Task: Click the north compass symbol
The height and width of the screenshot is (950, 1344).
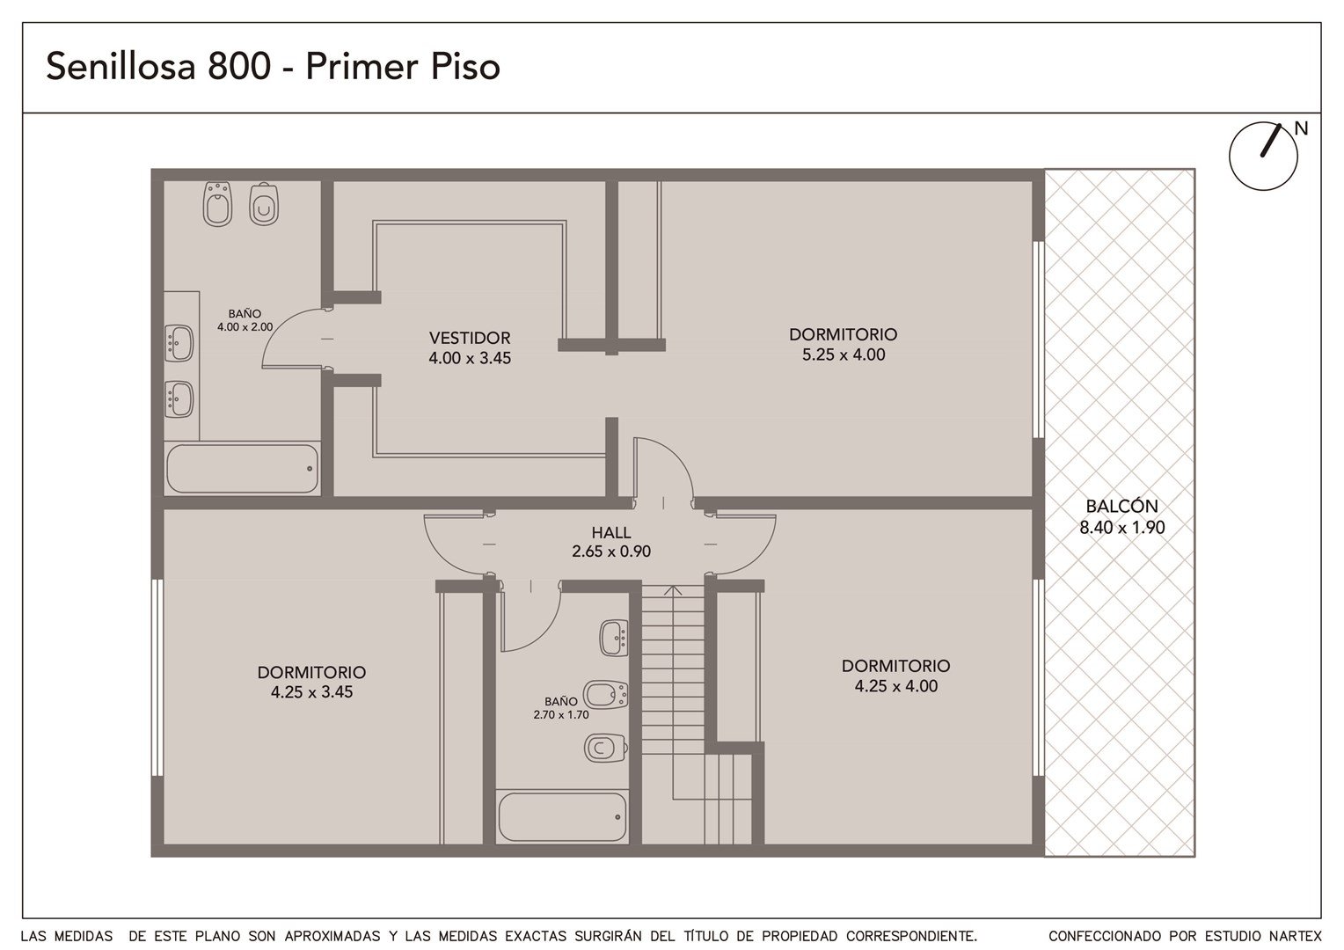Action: tap(1264, 157)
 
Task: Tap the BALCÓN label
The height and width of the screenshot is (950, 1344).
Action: tap(1121, 507)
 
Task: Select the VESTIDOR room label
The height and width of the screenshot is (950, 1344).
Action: tap(470, 338)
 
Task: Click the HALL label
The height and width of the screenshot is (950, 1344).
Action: tap(610, 532)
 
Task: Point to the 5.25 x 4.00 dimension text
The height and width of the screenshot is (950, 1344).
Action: tap(844, 354)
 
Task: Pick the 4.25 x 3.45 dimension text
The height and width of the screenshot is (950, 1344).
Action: tap(311, 692)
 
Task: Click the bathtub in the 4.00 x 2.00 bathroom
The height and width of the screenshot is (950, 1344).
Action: tap(243, 468)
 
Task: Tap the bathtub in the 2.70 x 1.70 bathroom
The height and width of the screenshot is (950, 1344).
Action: tap(562, 817)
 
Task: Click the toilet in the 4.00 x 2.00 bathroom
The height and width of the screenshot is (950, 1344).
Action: tap(264, 205)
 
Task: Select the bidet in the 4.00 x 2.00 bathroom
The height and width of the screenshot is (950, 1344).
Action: tap(217, 203)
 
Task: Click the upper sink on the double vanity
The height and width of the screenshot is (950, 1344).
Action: tap(179, 343)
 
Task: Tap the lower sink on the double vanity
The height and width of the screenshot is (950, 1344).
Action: tap(179, 399)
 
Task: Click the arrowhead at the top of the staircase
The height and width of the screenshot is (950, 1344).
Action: tap(673, 590)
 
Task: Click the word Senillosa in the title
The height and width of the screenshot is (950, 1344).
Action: tap(121, 66)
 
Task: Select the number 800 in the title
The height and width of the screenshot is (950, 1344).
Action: tap(239, 66)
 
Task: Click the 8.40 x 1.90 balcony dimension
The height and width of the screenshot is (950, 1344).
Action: tap(1122, 528)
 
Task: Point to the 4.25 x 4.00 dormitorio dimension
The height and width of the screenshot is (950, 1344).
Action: tap(895, 686)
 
